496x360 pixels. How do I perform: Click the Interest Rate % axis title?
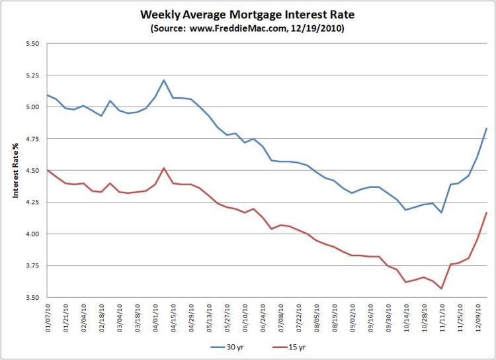14,170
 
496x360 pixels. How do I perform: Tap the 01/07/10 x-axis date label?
48,320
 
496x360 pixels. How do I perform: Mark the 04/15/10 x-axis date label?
173,320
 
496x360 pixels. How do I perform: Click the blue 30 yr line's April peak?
163,80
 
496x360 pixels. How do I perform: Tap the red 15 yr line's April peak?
163,168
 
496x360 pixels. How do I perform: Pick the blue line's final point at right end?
487,128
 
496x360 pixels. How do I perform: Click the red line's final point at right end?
487,212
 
